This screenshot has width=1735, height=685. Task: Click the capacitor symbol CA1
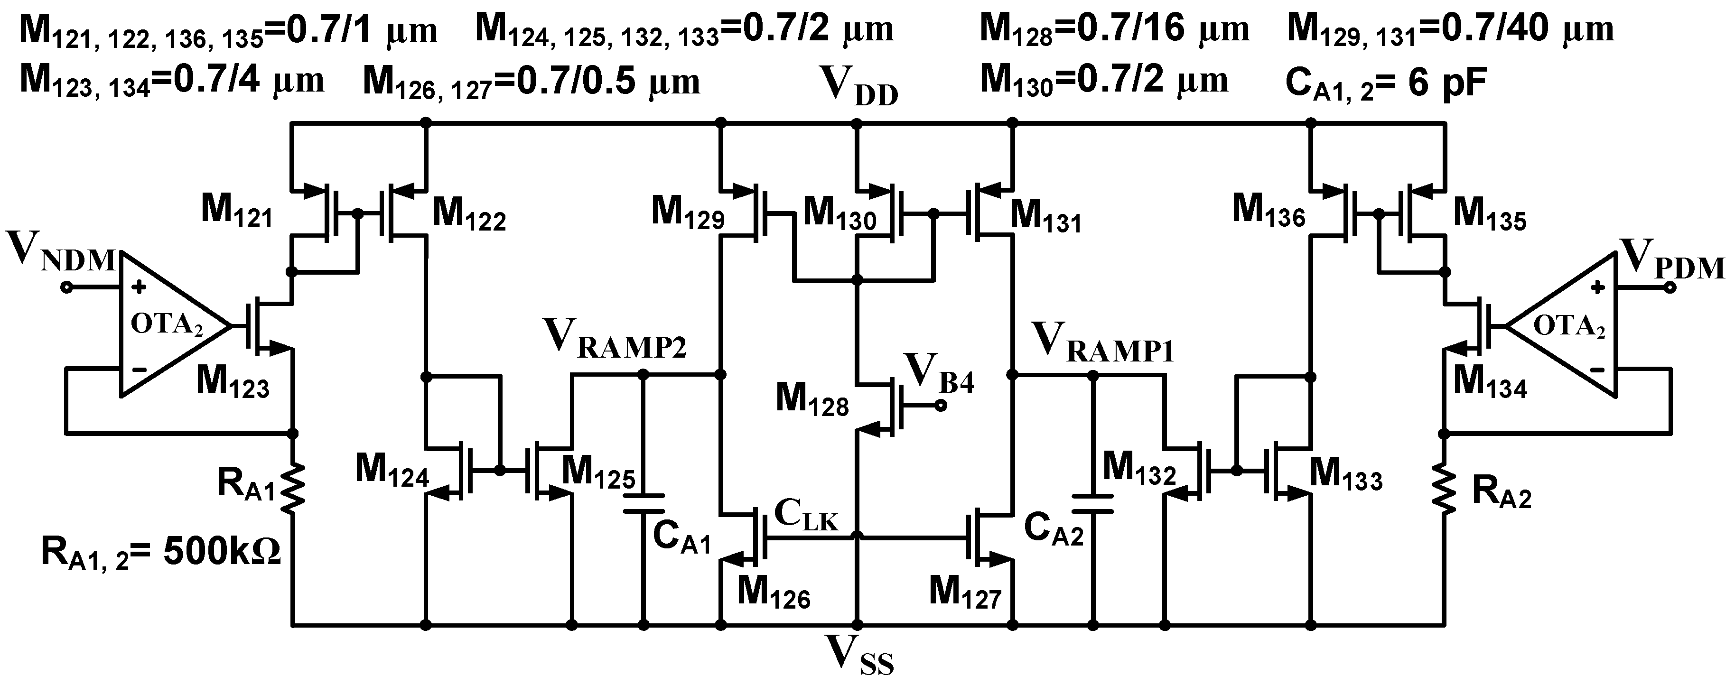pyautogui.click(x=643, y=503)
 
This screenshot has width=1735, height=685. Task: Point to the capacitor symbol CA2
pyautogui.click(x=1092, y=504)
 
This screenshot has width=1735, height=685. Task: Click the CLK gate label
pyautogui.click(x=805, y=515)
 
